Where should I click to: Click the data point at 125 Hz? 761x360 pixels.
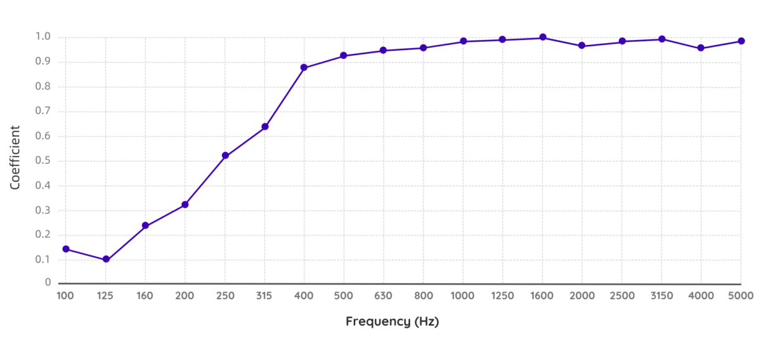click(x=106, y=259)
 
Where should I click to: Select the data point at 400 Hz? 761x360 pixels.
click(x=304, y=67)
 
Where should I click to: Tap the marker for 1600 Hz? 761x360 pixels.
click(x=543, y=37)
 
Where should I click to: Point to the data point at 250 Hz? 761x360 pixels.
click(x=225, y=155)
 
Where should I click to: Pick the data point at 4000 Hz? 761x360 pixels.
click(x=701, y=48)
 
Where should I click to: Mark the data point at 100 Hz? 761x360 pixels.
click(x=66, y=249)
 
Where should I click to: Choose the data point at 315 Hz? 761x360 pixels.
click(x=264, y=127)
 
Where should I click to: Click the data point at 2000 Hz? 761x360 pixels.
click(x=582, y=46)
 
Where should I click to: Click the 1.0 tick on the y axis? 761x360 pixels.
click(x=43, y=37)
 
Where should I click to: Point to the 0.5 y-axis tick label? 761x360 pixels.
click(x=43, y=160)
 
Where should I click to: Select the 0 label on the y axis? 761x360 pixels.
click(x=48, y=283)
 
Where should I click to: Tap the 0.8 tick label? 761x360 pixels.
click(x=43, y=86)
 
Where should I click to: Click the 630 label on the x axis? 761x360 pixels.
click(x=383, y=295)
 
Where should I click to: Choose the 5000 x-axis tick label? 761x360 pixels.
click(x=741, y=295)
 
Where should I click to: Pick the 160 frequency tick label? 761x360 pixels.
click(x=145, y=295)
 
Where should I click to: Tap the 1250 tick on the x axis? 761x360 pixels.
click(x=502, y=295)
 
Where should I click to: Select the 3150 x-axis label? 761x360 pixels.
click(x=661, y=295)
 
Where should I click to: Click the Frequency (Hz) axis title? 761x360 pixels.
click(x=393, y=321)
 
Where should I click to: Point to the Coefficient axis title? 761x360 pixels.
click(x=15, y=157)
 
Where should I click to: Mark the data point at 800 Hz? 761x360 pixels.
click(x=423, y=48)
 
